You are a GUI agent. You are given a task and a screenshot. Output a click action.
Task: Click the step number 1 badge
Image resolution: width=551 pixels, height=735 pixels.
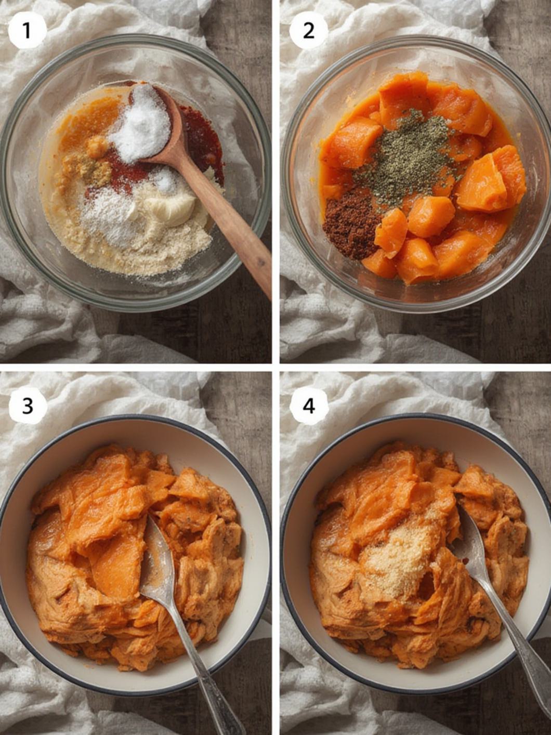pyautogui.click(x=27, y=31)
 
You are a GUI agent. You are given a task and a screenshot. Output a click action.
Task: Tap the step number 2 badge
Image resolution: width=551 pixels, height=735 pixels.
pyautogui.click(x=308, y=31)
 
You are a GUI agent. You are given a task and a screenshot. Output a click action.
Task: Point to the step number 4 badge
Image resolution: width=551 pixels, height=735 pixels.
pyautogui.click(x=309, y=405)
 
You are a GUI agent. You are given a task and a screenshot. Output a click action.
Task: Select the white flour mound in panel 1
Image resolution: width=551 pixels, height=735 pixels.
pyautogui.click(x=109, y=218)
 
